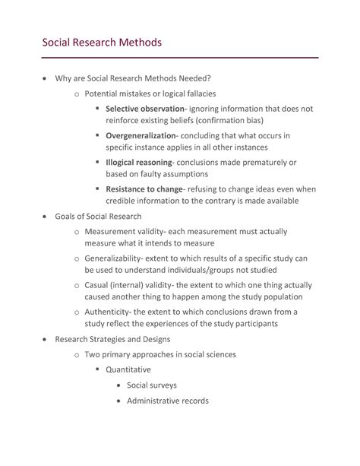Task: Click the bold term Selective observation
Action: (150, 109)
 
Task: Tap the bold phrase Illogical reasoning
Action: (140, 162)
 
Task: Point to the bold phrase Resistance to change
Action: (144, 189)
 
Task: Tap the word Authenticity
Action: (110, 312)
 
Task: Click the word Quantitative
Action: (134, 369)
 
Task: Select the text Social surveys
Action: (153, 385)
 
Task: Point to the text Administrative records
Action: (167, 401)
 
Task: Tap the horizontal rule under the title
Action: (180, 58)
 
